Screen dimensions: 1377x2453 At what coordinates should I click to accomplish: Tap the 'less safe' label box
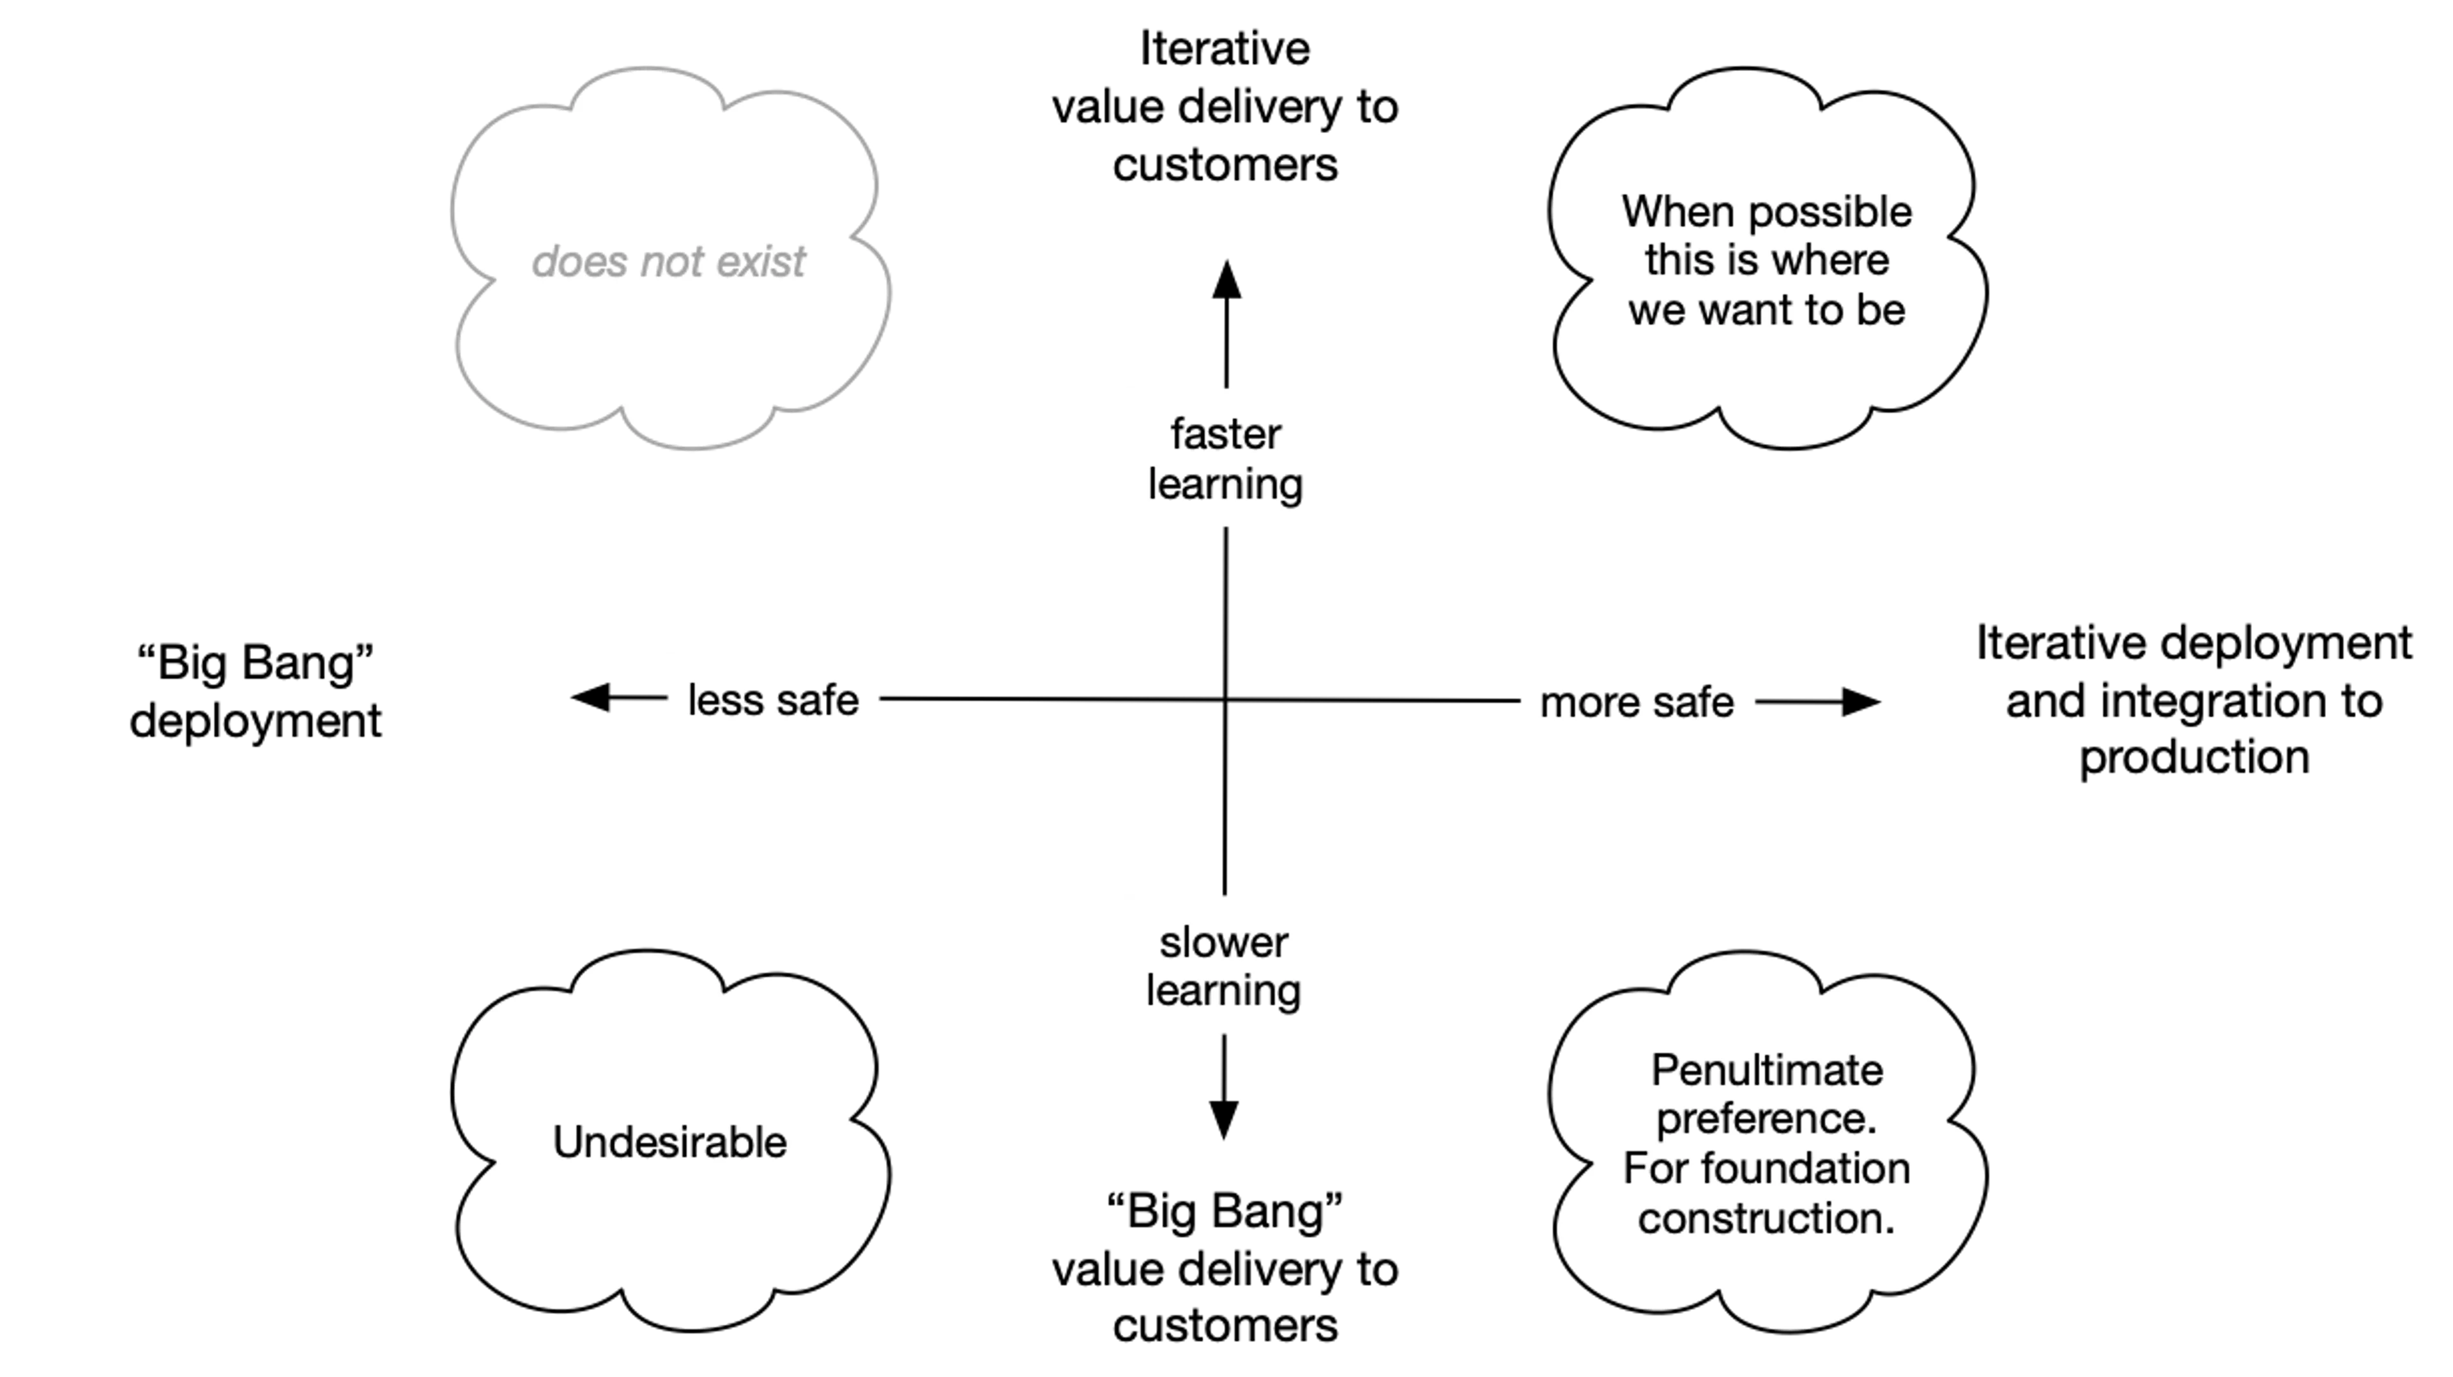click(x=773, y=698)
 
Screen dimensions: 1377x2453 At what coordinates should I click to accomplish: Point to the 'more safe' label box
click(x=1637, y=701)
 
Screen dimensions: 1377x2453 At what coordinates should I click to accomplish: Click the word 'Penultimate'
click(x=1766, y=1070)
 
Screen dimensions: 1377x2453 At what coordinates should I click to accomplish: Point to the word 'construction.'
click(x=1766, y=1218)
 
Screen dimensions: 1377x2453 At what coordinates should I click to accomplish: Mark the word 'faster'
click(x=1226, y=435)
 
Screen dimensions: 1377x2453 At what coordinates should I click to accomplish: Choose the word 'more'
click(x=1586, y=703)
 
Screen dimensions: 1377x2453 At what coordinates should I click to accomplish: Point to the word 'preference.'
click(x=1766, y=1119)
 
